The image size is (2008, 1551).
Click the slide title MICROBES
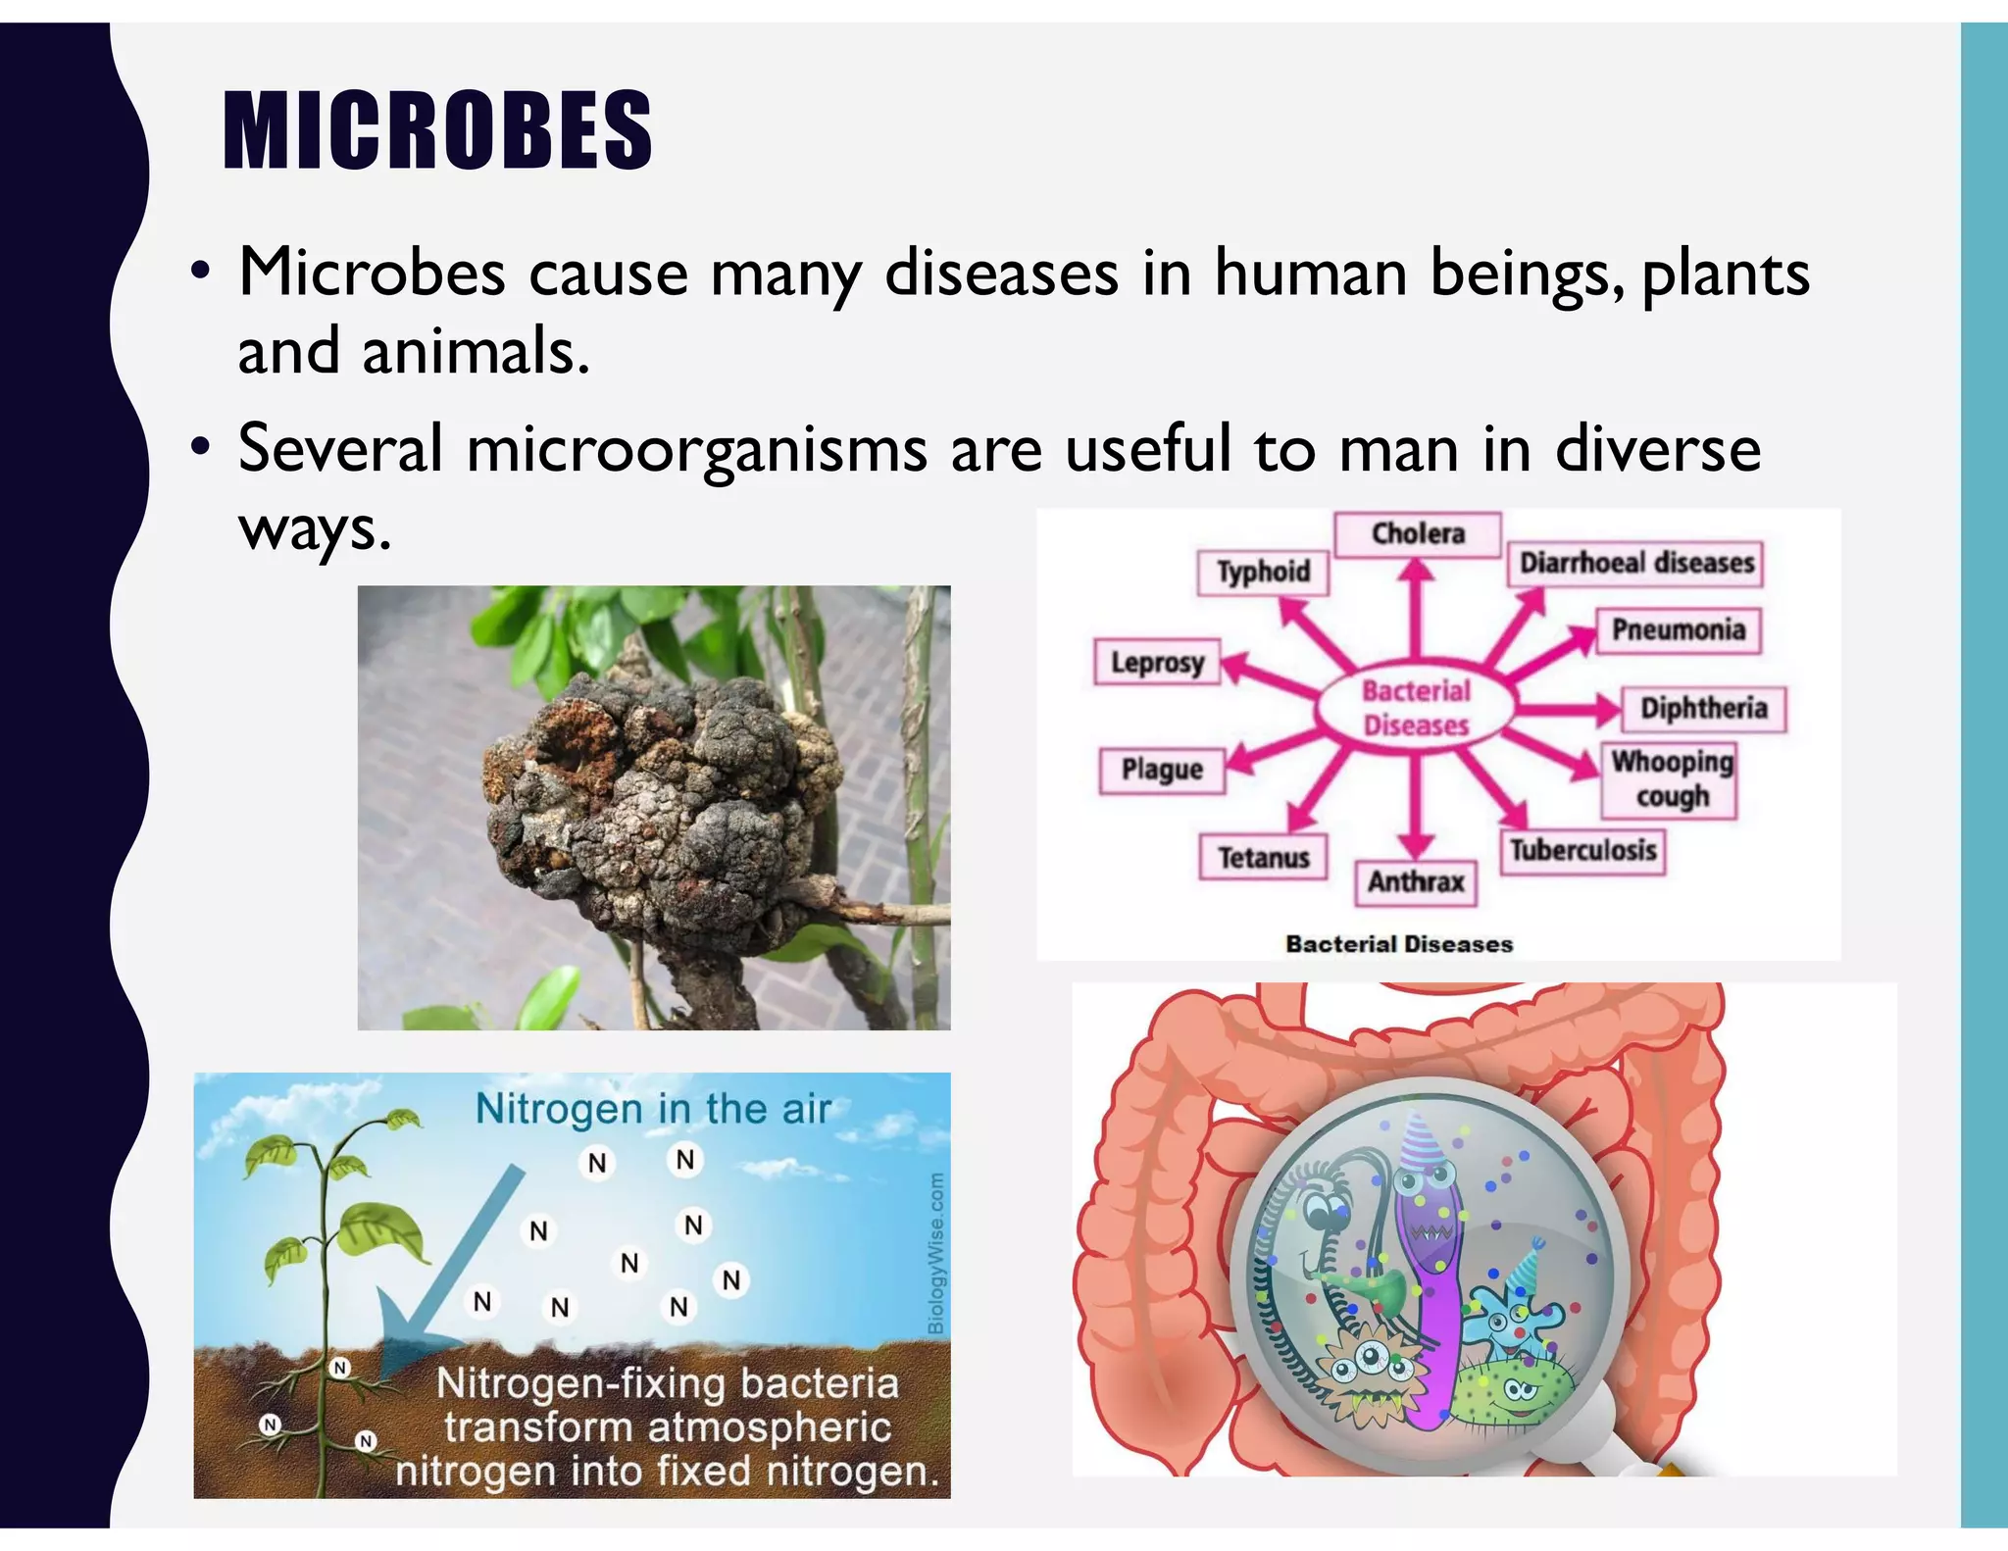437,130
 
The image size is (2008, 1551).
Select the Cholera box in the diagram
1417,534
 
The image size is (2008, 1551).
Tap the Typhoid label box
1263,572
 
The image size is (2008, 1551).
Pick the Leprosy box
1157,663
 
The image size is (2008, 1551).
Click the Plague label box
1162,770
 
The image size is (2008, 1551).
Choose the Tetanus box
1263,858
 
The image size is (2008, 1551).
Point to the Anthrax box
1416,882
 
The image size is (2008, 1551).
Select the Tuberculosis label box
1582,850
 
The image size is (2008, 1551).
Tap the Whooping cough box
1671,779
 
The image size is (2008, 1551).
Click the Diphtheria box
1703,709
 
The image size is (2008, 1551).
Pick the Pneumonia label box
1678,629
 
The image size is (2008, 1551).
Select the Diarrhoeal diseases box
1635,564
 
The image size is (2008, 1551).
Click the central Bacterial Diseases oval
1416,708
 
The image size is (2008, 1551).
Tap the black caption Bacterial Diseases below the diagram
1399,944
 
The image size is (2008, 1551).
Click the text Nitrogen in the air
653,1110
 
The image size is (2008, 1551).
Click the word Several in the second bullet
339,449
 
